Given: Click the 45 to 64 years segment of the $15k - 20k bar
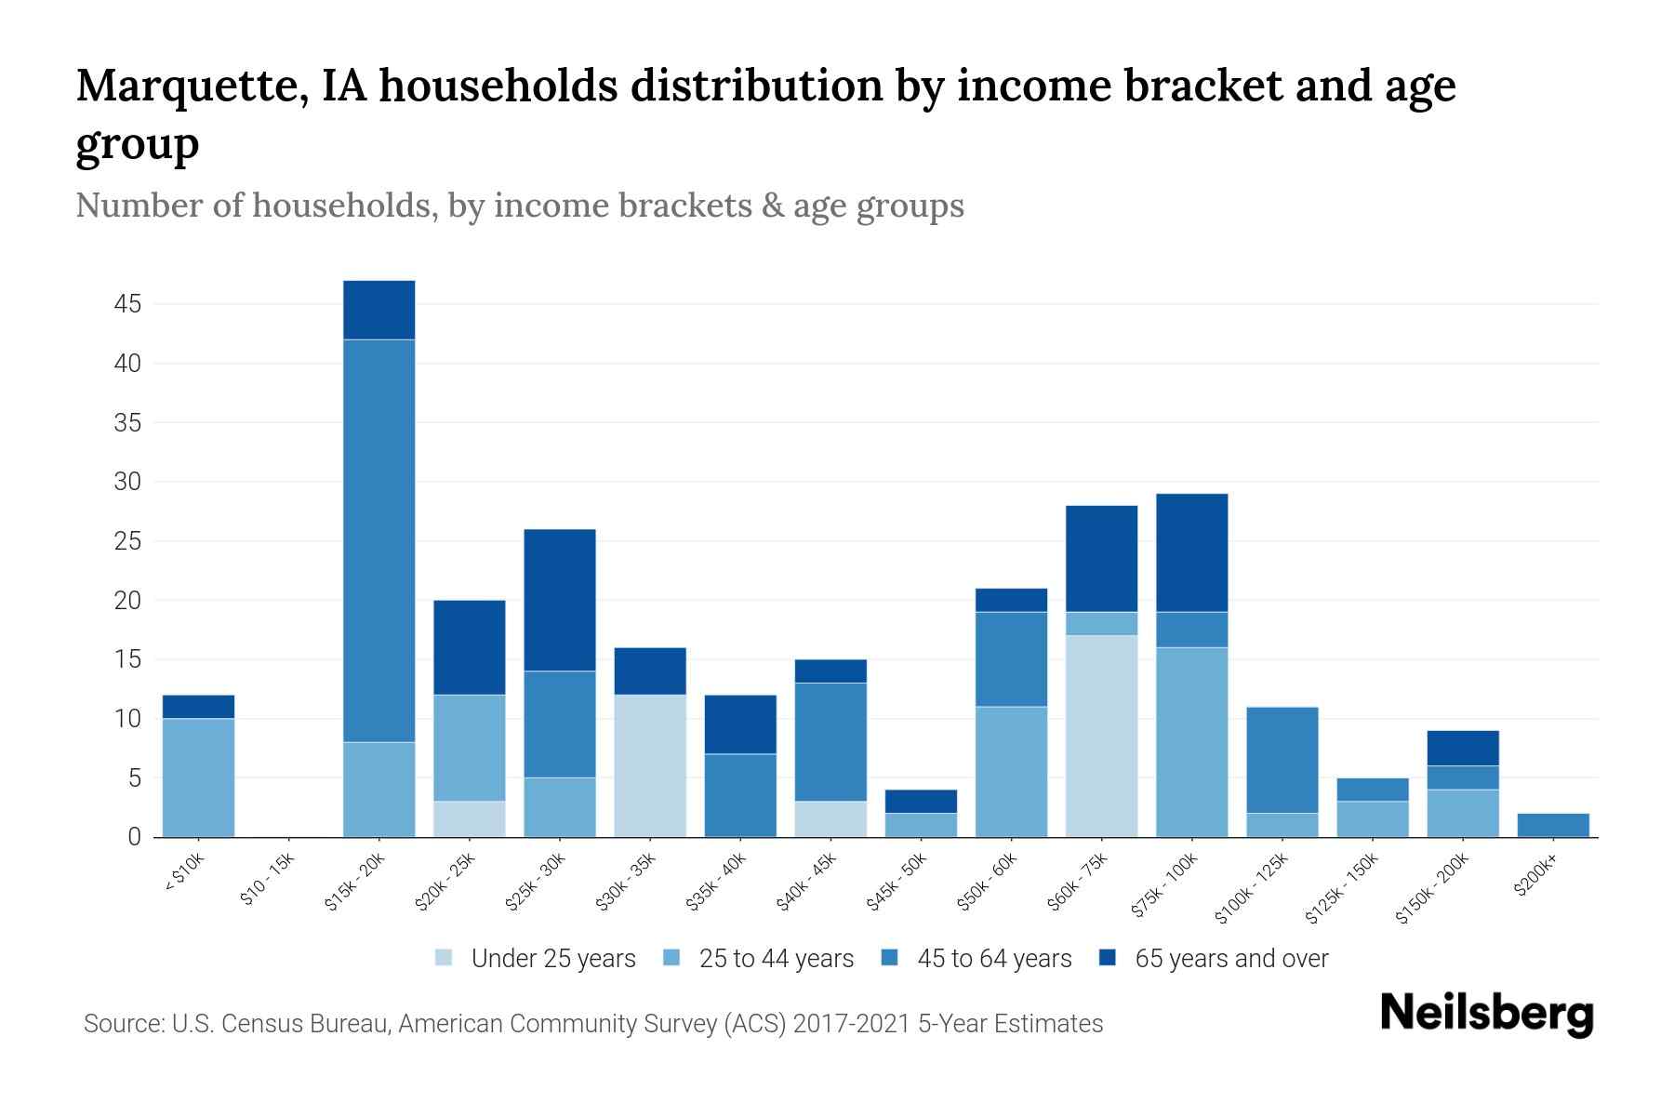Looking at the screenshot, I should tap(379, 540).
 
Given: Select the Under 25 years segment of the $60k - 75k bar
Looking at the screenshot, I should tap(1101, 736).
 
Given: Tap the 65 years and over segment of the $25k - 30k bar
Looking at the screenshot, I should tap(560, 600).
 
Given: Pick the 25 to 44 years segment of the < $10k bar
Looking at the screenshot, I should tap(198, 777).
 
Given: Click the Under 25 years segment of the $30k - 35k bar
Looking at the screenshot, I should tap(650, 765).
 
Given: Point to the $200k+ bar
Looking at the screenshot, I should tap(1553, 825).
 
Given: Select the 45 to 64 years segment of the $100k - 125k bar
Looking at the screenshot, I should tap(1282, 760).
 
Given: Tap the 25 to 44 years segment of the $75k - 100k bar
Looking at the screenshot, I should tap(1191, 742).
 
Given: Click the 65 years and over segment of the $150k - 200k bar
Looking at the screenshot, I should tap(1463, 748).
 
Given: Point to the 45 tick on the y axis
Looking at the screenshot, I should tap(128, 304).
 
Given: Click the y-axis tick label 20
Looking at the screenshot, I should tap(128, 601).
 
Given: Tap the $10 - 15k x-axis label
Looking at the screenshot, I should tap(267, 883).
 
